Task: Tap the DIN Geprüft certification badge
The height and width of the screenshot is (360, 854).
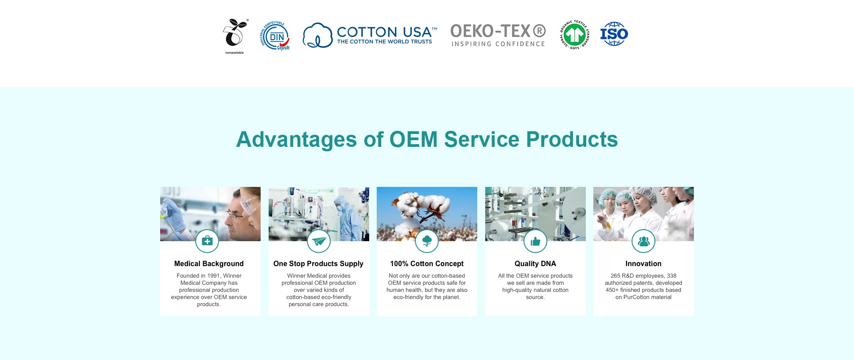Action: [275, 36]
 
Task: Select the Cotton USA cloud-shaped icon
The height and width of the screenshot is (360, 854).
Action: [318, 36]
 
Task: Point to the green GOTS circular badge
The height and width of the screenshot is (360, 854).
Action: [575, 35]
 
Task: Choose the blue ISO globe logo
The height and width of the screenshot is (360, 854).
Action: [614, 34]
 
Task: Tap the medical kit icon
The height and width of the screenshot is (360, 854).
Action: [207, 241]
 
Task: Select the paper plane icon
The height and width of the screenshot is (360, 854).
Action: [319, 241]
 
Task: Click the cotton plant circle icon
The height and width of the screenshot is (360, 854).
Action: [427, 241]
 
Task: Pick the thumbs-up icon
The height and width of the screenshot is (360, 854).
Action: [536, 241]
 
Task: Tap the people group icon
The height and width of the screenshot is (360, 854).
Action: [644, 241]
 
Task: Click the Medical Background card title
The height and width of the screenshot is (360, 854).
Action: [209, 263]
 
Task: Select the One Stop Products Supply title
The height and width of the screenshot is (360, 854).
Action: [318, 263]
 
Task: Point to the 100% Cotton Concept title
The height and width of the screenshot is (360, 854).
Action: [427, 263]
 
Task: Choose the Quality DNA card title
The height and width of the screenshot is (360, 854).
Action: [536, 263]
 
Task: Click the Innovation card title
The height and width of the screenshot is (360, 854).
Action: [644, 263]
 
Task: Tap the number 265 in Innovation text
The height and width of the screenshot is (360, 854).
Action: [616, 276]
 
